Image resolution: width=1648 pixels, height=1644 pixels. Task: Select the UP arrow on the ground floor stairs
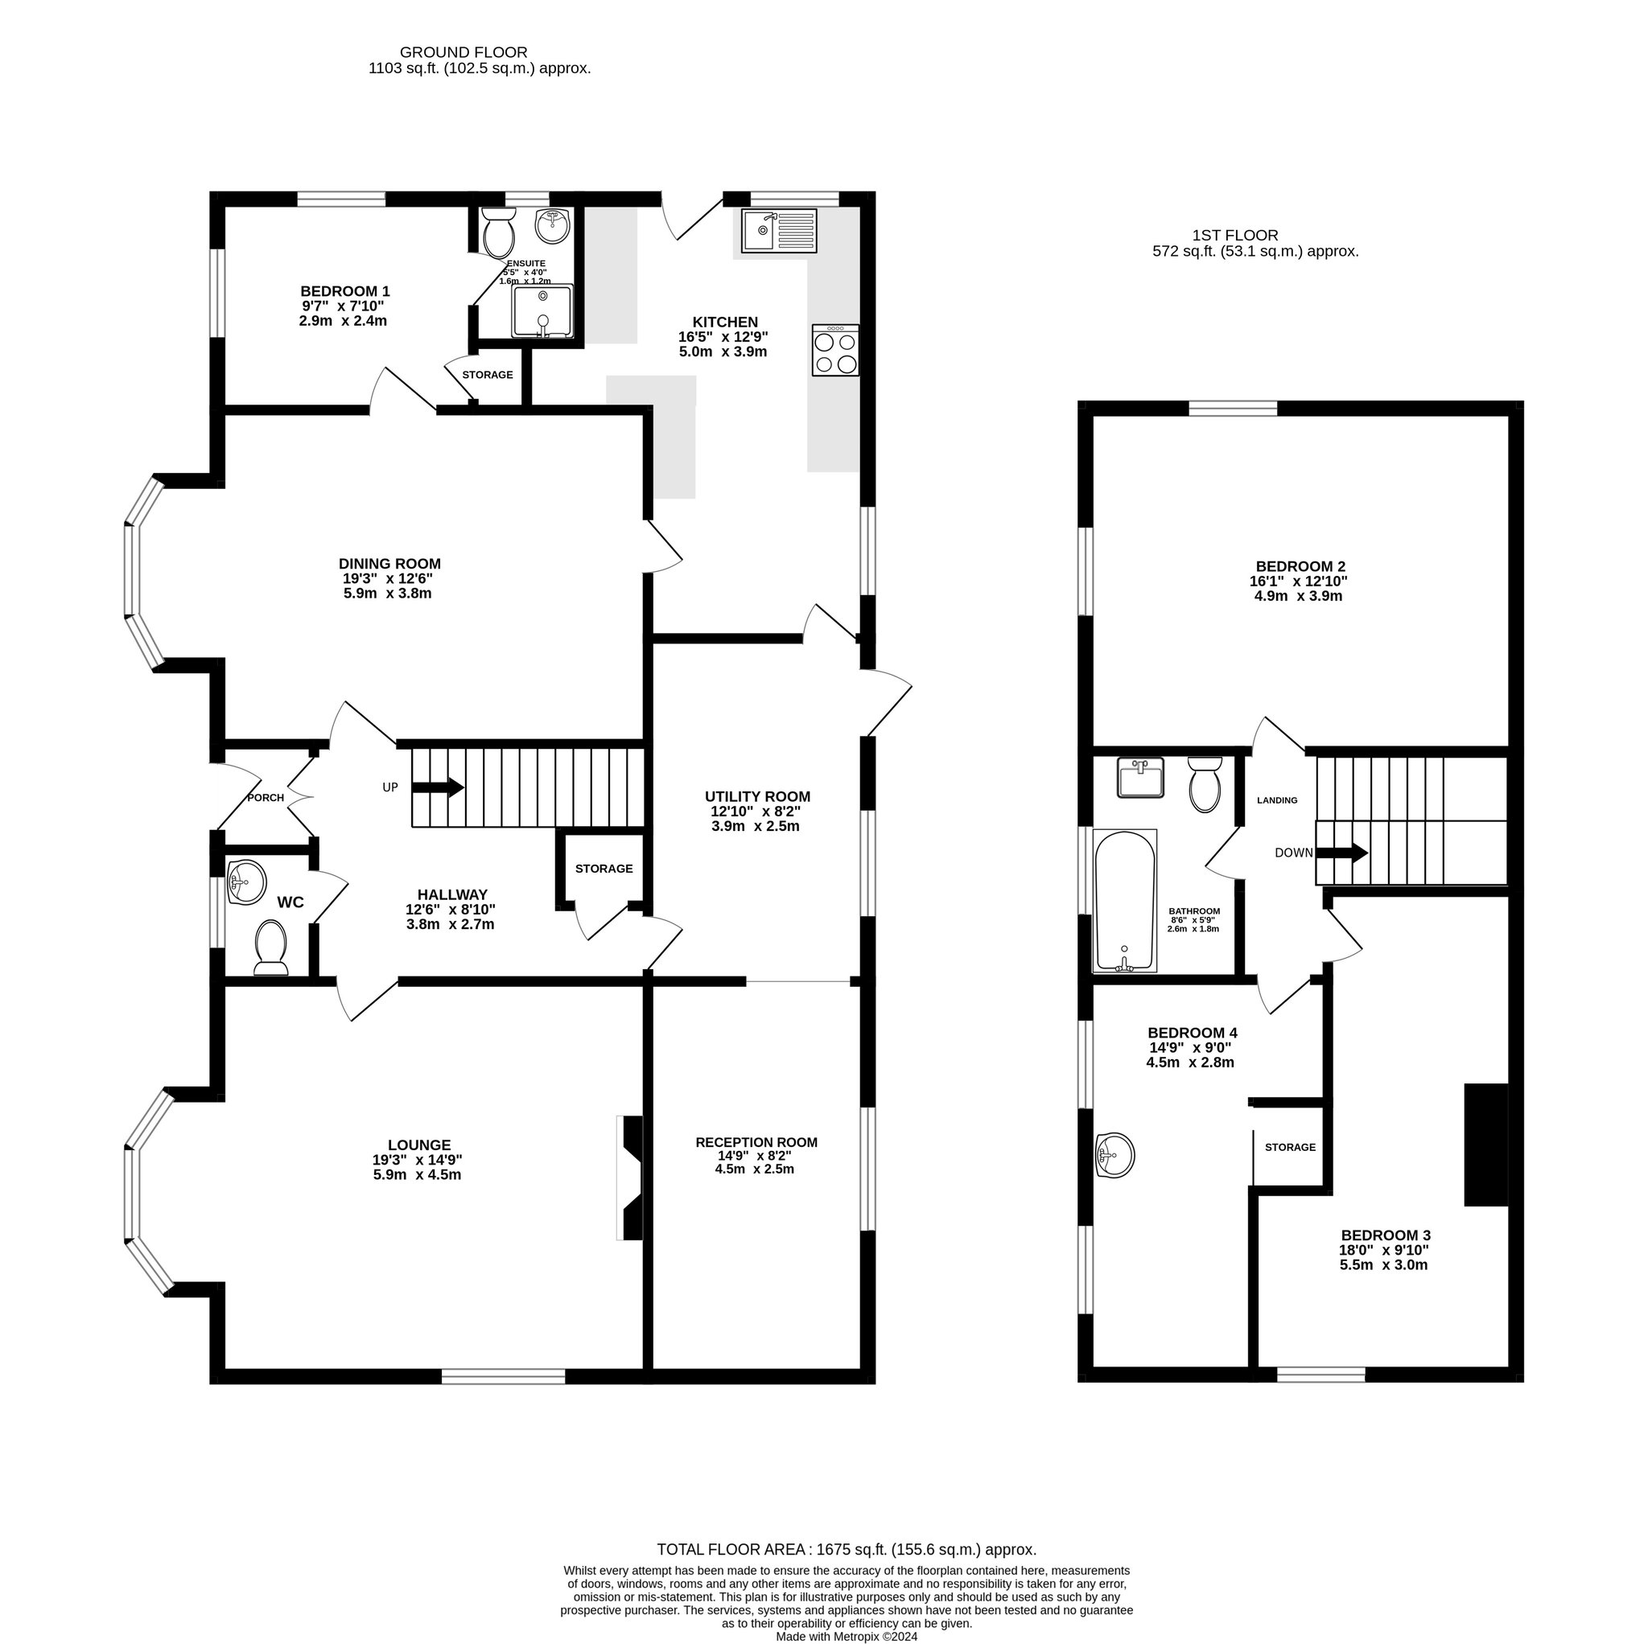coord(439,787)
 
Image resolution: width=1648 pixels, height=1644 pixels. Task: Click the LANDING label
coord(1277,800)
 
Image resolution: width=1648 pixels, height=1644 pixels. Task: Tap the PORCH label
coord(266,798)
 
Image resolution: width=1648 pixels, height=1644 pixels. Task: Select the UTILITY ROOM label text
coord(757,797)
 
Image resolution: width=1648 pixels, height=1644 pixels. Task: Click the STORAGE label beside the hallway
coord(604,869)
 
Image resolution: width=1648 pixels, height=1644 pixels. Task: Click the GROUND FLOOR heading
coord(463,53)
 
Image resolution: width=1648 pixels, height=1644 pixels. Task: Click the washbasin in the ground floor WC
coord(247,882)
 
